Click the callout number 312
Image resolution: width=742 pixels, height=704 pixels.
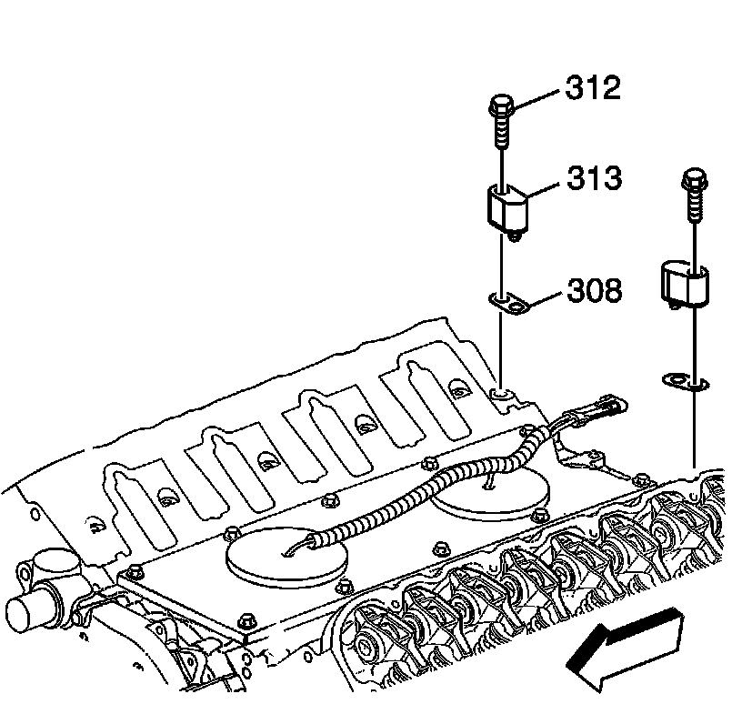tap(592, 89)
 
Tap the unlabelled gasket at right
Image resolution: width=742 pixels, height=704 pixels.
tap(683, 381)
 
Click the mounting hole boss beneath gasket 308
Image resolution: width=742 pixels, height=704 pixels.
tap(500, 393)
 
